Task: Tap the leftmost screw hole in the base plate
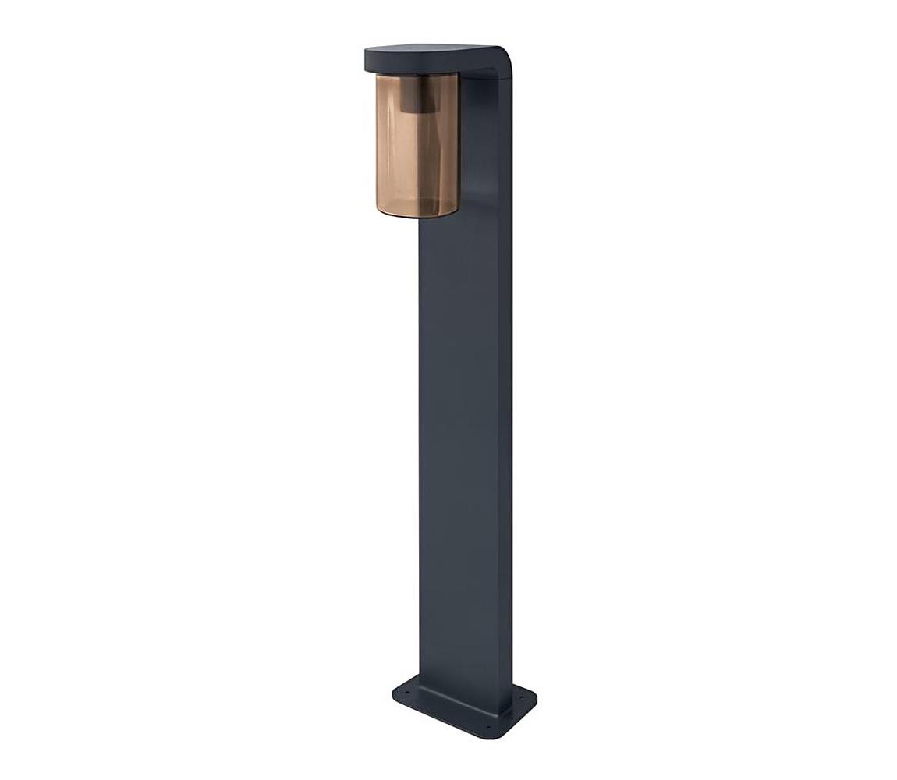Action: [x=405, y=690]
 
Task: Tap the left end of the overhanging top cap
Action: [x=367, y=60]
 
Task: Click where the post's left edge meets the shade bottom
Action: [x=421, y=218]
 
